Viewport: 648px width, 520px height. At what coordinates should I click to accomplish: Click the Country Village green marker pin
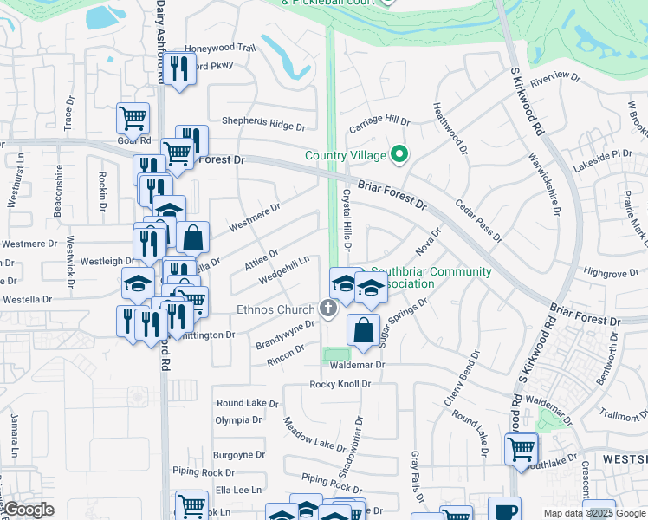[x=399, y=155]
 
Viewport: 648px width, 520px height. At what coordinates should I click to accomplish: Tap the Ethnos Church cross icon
[x=327, y=308]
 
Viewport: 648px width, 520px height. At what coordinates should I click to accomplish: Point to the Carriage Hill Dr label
[x=379, y=123]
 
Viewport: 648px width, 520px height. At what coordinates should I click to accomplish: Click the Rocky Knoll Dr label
[x=340, y=384]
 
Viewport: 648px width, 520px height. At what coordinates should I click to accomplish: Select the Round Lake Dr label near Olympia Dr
[x=247, y=403]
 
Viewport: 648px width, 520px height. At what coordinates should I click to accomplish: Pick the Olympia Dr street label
[x=238, y=419]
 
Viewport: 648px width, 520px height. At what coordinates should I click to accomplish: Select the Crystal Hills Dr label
[x=347, y=222]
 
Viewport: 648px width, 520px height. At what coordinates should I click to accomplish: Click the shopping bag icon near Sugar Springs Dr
[x=363, y=329]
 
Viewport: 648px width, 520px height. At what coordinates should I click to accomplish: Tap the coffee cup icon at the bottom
[x=504, y=510]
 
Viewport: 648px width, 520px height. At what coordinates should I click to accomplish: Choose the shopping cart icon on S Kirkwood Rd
[x=521, y=449]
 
